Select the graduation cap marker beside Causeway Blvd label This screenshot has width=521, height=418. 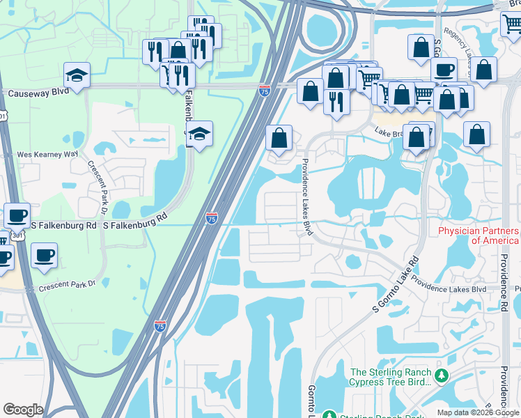(77, 75)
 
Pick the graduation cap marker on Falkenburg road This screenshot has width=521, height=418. (200, 134)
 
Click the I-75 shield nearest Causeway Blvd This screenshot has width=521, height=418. (264, 91)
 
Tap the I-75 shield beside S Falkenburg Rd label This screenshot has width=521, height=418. (212, 219)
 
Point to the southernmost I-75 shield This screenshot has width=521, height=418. (160, 325)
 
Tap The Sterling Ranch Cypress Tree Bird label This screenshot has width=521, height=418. (391, 382)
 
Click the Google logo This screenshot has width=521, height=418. (23, 410)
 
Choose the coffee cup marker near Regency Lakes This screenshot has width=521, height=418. (444, 70)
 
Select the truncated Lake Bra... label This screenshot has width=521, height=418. (391, 132)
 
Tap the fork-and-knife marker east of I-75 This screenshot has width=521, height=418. (336, 102)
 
